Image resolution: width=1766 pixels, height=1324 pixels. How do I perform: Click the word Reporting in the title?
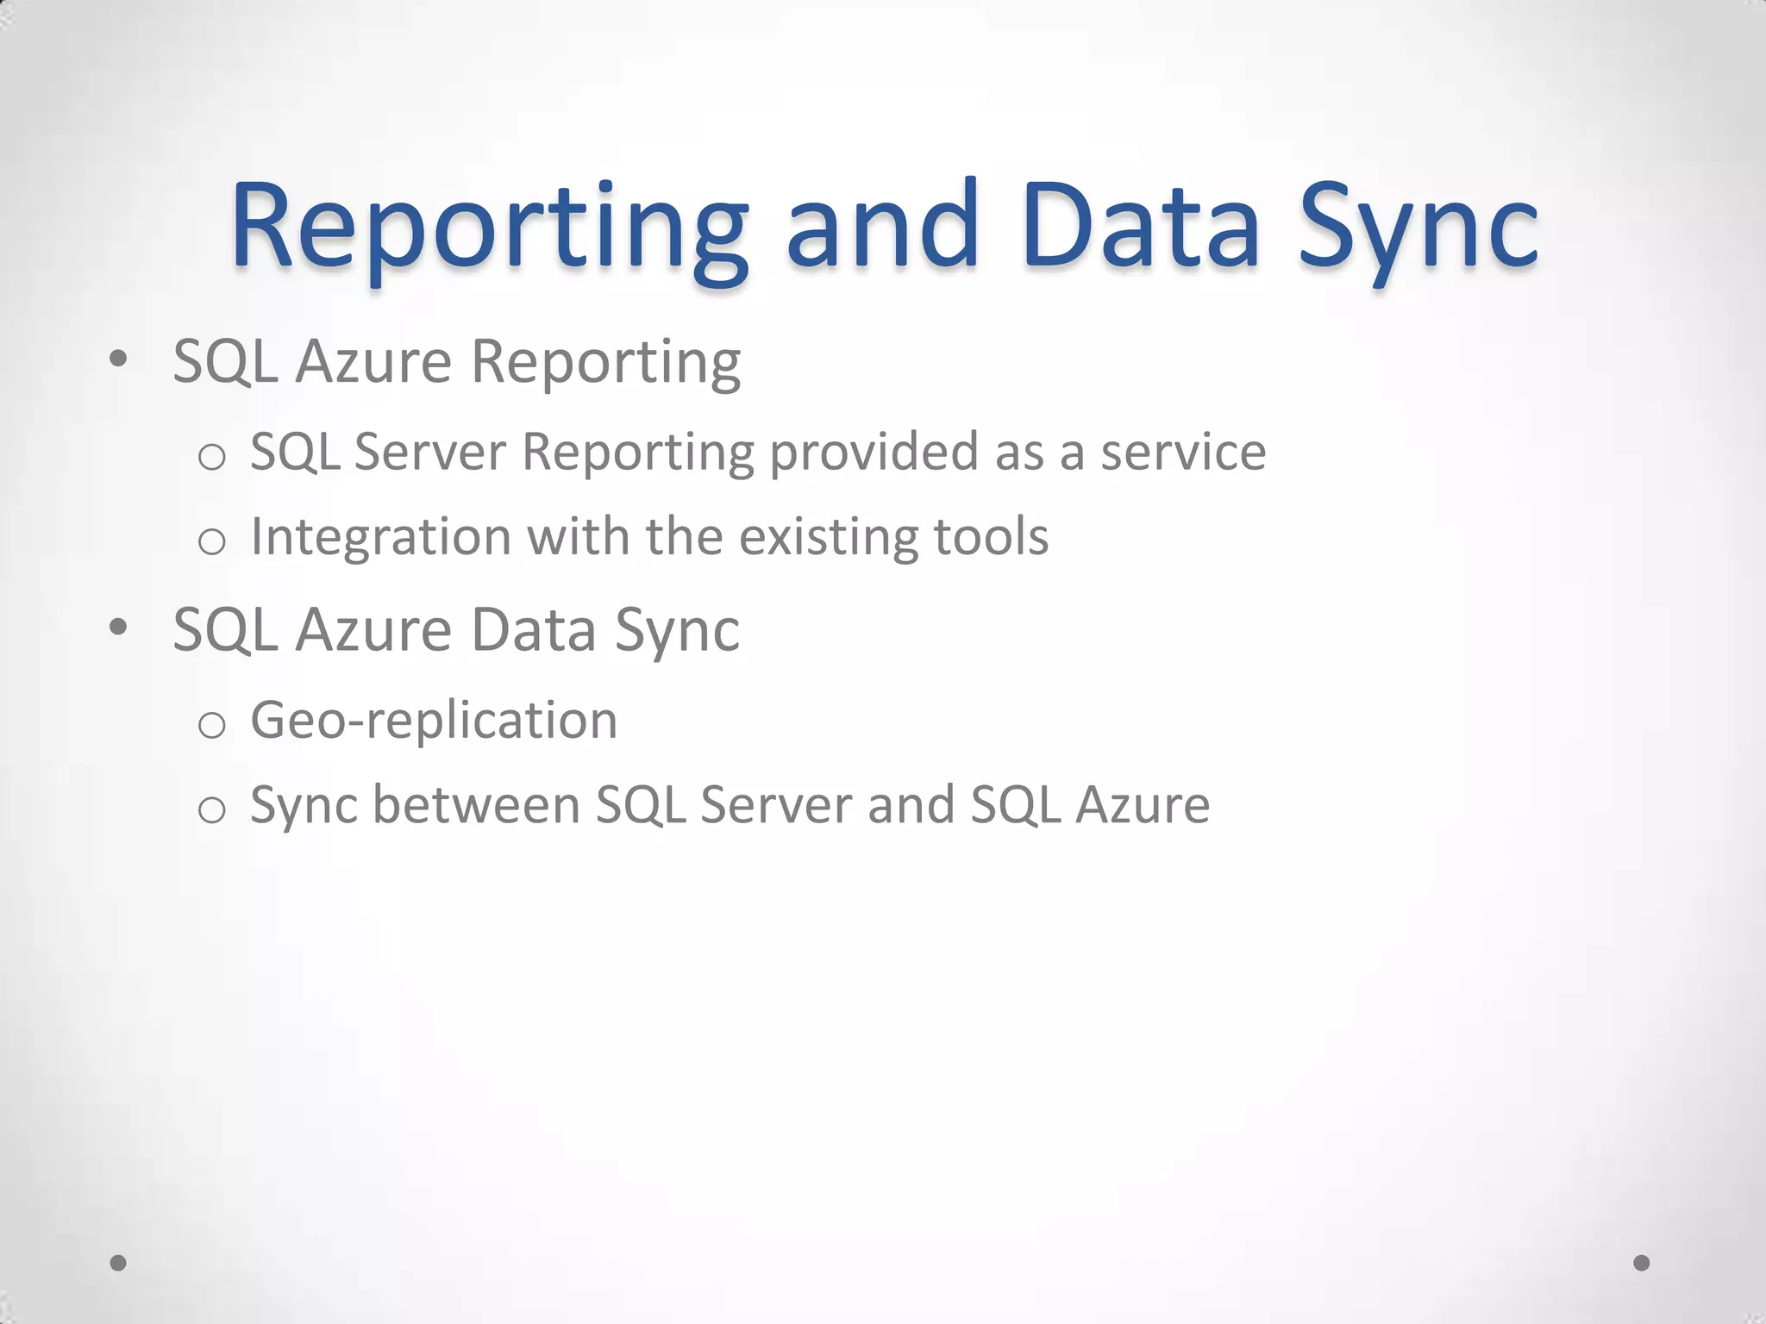tap(488, 228)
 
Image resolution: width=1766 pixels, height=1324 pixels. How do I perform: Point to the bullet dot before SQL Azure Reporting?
tap(119, 357)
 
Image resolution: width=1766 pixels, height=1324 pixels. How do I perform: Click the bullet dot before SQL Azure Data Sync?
tap(119, 626)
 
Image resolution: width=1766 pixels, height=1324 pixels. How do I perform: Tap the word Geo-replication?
tap(434, 721)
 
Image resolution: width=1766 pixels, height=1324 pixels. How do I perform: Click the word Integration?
tap(380, 537)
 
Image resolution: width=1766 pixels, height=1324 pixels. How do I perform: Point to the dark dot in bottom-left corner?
tap(119, 1263)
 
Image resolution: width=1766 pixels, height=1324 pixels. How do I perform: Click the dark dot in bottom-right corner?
tap(1642, 1263)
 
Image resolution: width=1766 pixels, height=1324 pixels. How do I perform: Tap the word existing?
tap(829, 537)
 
